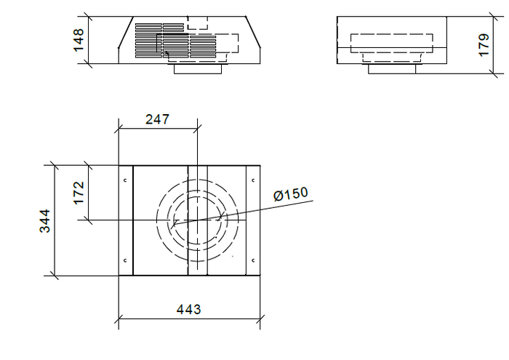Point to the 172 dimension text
79,193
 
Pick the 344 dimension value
45,220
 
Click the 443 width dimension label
188,309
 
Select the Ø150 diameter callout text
291,195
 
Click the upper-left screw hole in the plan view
125,180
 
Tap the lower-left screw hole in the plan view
125,260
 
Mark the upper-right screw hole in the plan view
252,180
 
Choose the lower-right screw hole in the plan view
252,260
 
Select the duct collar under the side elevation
392,69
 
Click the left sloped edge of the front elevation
125,40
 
